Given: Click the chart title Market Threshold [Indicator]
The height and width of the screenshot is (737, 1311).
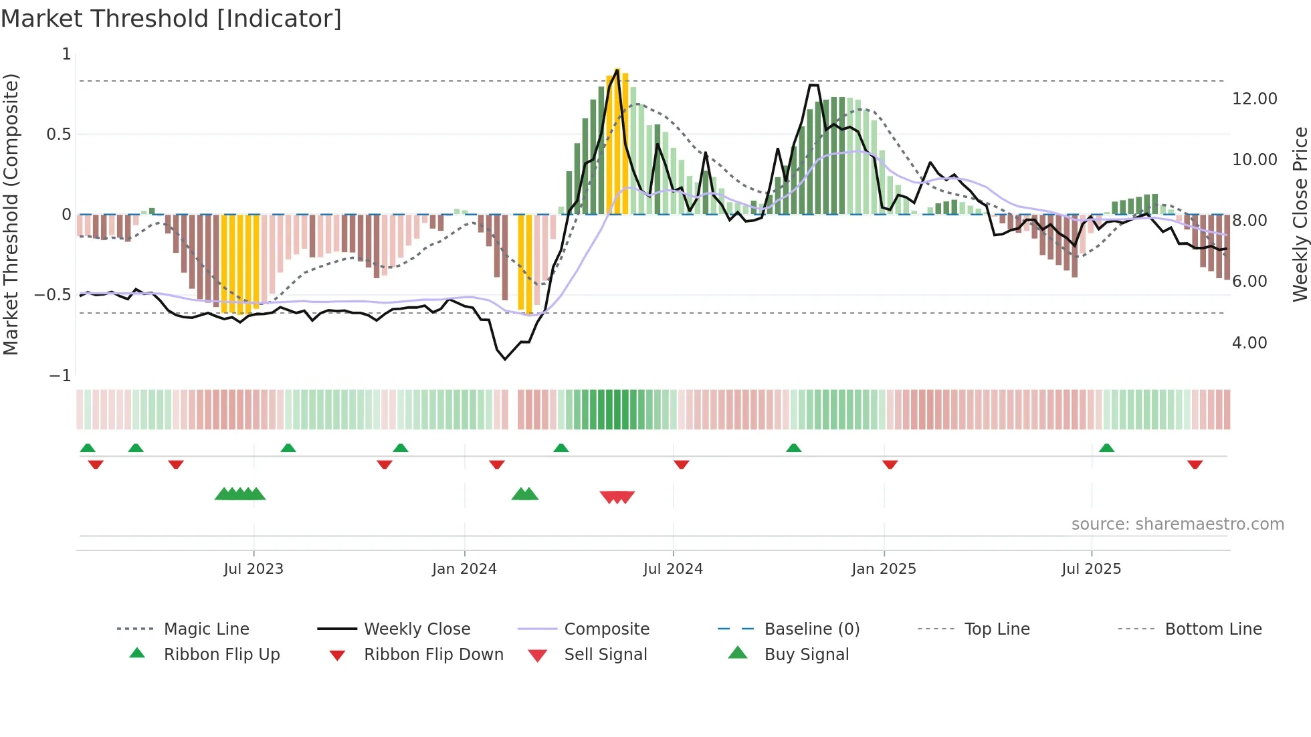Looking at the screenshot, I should pyautogui.click(x=171, y=19).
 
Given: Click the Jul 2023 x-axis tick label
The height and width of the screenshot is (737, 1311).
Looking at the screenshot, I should pyautogui.click(x=254, y=569).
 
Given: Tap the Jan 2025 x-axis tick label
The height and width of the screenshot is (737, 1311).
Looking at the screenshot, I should pyautogui.click(x=884, y=569).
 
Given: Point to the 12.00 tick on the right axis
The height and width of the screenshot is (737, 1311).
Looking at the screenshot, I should pyautogui.click(x=1254, y=99).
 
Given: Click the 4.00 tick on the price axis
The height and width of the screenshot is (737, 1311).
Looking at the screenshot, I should pyautogui.click(x=1249, y=343).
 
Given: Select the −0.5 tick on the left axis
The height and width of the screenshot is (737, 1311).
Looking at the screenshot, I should pyautogui.click(x=53, y=295).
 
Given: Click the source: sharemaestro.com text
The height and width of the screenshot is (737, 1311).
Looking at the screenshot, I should pyautogui.click(x=1177, y=524).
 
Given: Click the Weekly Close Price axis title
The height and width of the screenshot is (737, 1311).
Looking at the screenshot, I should pyautogui.click(x=1300, y=214).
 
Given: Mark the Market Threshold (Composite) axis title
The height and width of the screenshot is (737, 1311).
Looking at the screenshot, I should pyautogui.click(x=11, y=214).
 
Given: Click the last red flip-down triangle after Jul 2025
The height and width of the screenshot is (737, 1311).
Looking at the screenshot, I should pyautogui.click(x=1195, y=464).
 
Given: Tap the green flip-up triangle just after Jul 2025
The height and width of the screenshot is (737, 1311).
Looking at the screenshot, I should pyautogui.click(x=1106, y=448).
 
